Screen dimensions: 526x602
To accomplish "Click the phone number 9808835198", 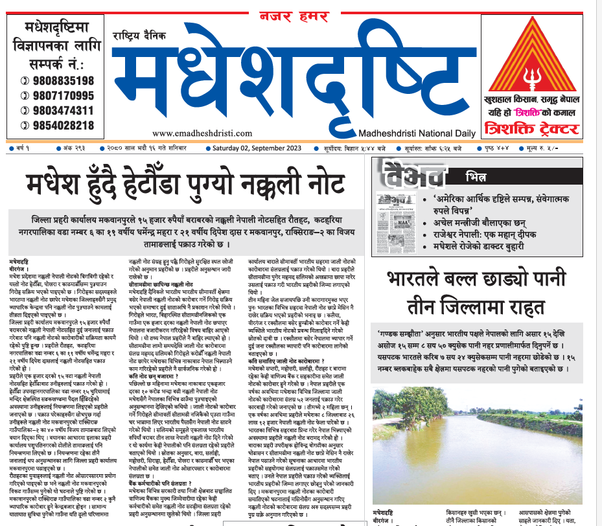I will [60, 80].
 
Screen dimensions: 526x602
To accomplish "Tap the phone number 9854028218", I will [60, 125].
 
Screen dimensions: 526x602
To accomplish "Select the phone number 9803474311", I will [60, 110].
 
